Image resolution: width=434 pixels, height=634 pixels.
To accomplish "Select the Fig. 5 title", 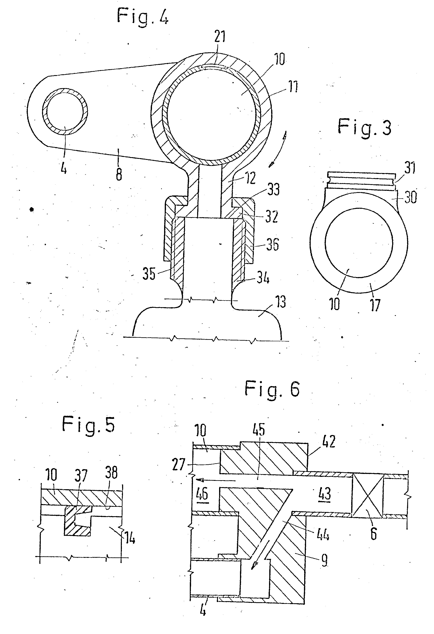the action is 88,425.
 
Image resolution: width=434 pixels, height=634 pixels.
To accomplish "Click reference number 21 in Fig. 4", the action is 220,37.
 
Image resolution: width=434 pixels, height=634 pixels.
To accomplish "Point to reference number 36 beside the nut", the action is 272,244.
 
